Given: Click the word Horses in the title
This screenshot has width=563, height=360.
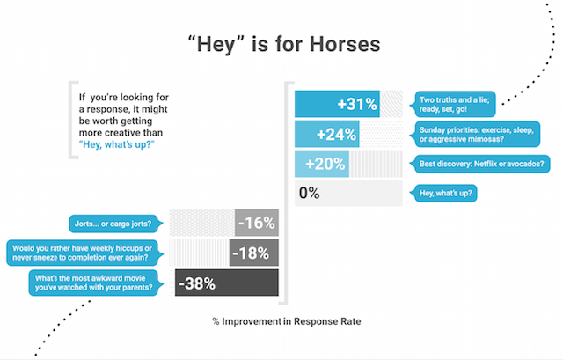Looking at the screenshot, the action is [x=345, y=45].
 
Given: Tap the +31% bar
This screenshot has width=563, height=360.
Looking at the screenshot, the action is [x=337, y=104].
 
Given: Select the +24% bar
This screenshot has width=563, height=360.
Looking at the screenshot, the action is [x=326, y=134].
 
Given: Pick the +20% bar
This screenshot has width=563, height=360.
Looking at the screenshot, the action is [x=322, y=164].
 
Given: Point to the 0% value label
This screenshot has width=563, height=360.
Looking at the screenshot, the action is [x=309, y=193].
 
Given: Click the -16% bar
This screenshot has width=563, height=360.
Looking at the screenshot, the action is [x=257, y=223].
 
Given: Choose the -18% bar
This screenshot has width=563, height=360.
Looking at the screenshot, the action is [x=254, y=253].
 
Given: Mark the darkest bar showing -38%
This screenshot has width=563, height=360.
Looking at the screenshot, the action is [x=227, y=283].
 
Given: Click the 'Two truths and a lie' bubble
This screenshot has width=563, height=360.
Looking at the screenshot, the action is [x=453, y=104].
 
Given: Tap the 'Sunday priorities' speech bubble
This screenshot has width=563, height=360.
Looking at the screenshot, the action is [x=475, y=135].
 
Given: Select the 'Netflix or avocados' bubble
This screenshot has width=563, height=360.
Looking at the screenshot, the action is [x=480, y=164].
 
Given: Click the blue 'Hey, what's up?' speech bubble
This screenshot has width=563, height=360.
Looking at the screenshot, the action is [x=443, y=194].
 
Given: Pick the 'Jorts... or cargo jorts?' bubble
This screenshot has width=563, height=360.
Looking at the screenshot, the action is [x=115, y=224].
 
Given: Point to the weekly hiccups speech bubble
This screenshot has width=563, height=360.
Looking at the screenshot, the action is [x=84, y=253].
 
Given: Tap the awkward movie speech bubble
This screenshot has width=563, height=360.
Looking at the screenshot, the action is [x=96, y=283].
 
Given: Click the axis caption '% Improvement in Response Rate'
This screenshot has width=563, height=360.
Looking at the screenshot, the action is [x=287, y=321].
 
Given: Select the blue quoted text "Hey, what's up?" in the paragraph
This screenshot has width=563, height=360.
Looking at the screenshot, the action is [x=117, y=144].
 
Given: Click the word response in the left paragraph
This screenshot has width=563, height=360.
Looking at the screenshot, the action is [x=107, y=109].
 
